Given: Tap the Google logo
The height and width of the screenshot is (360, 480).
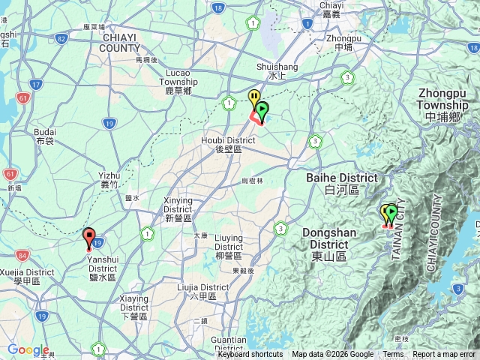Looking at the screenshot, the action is point(28,349).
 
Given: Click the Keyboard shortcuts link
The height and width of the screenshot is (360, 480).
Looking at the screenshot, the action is point(250,355).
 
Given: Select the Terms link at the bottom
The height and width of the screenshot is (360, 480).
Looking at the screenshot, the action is point(393,355).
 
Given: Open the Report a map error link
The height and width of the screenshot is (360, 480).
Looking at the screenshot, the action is point(444,355).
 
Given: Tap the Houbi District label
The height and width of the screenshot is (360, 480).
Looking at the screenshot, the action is point(228,144).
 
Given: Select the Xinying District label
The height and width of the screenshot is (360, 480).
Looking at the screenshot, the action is point(178,205).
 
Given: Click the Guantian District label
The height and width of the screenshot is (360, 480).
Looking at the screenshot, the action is point(229,343).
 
